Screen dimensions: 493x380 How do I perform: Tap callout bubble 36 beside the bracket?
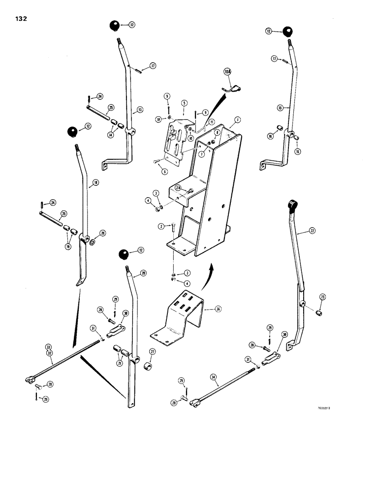[x=219, y=310]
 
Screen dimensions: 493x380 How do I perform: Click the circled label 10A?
[x=227, y=72]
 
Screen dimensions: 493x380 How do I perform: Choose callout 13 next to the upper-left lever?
[x=140, y=110]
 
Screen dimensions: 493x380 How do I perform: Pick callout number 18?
[x=95, y=183]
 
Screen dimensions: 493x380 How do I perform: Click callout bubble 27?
[x=152, y=352]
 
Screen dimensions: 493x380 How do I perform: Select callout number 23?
[x=322, y=296]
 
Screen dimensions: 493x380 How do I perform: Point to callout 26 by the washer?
[x=102, y=233]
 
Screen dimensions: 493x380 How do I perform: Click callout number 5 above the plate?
[x=183, y=103]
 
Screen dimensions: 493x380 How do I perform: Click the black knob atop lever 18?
[x=73, y=132]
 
